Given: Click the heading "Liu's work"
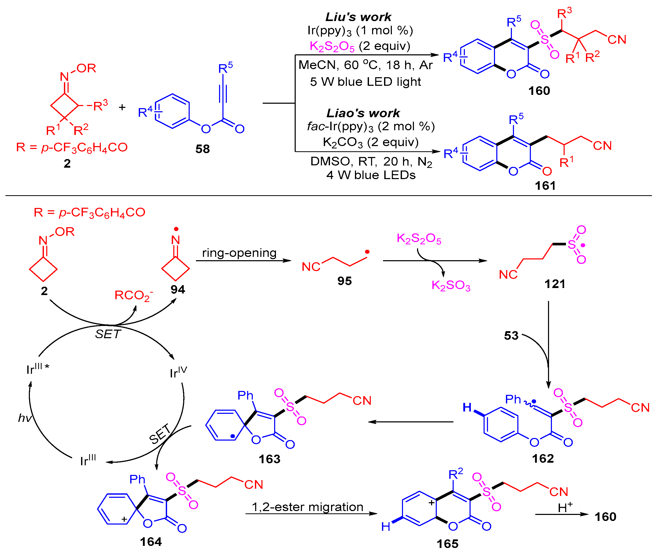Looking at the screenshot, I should (359, 17).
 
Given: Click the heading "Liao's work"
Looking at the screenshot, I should (363, 113).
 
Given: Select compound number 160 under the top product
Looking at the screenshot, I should (539, 91).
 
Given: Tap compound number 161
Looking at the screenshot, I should (545, 186).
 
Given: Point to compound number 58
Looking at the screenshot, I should (202, 149).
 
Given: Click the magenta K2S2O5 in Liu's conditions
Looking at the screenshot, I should (332, 46).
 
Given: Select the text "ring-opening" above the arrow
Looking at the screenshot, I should (239, 253).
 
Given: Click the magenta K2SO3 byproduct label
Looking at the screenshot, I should (451, 285).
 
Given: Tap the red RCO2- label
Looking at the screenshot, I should (133, 296).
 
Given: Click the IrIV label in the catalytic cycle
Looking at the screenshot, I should (178, 372).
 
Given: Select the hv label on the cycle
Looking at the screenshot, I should (25, 418).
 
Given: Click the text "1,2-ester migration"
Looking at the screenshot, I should (307, 507).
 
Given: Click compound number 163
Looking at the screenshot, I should (269, 459).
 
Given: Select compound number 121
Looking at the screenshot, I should (555, 284).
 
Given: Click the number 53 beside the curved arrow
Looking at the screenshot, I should (511, 335).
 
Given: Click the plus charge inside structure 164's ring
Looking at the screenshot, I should (124, 519).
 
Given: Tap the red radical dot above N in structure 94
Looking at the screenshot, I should (176, 229).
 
